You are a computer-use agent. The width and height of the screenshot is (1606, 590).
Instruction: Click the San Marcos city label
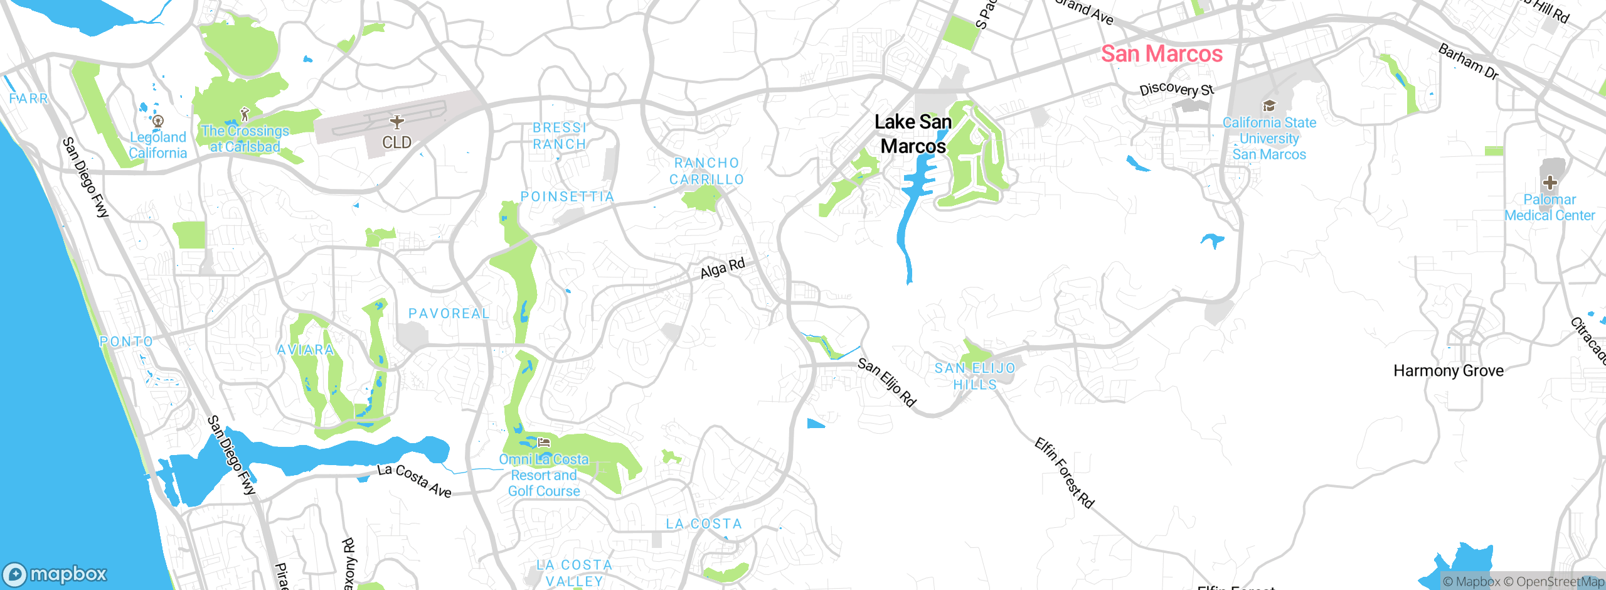click(x=1162, y=54)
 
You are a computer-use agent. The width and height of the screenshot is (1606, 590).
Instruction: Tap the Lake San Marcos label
click(x=913, y=134)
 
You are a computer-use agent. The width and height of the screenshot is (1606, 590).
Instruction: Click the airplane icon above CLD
click(x=396, y=121)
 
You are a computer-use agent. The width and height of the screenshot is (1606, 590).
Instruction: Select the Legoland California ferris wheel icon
click(x=158, y=121)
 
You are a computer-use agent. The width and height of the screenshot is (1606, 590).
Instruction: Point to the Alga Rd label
click(x=722, y=269)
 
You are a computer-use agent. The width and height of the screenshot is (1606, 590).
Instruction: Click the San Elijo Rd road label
click(x=887, y=382)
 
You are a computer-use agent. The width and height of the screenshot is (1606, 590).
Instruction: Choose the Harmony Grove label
click(x=1448, y=371)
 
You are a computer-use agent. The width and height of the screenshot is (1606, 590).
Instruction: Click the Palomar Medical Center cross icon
click(x=1550, y=183)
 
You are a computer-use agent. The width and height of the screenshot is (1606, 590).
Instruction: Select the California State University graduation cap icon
click(x=1269, y=105)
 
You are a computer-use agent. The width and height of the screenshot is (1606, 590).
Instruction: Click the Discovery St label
click(x=1177, y=89)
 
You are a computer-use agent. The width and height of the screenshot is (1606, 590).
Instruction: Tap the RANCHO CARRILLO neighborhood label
click(x=707, y=171)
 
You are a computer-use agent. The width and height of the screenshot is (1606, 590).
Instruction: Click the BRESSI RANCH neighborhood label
click(x=560, y=136)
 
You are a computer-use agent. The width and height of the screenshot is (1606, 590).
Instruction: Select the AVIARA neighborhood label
click(x=306, y=350)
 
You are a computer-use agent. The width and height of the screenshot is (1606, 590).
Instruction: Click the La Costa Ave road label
click(x=414, y=481)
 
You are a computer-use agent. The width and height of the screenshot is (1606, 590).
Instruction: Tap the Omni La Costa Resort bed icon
click(x=544, y=443)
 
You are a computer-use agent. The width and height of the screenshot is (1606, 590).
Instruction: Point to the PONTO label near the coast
click(x=126, y=341)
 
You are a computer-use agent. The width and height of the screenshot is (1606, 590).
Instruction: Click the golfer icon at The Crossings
click(x=245, y=114)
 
